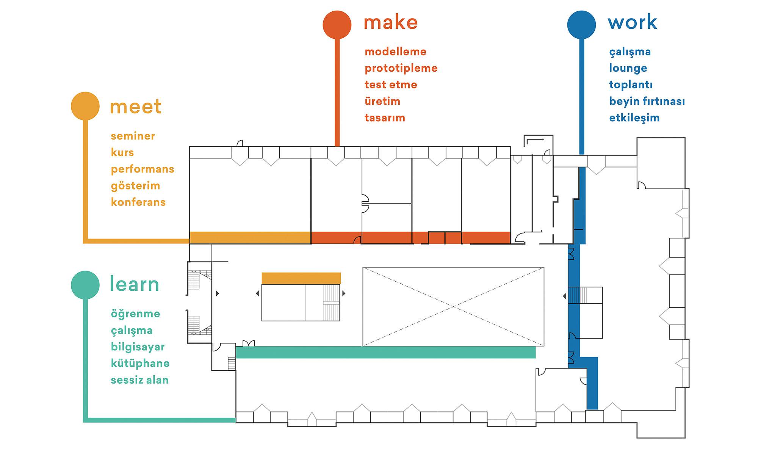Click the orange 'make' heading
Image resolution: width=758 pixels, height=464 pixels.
[391, 22]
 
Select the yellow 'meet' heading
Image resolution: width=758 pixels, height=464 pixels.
[136, 107]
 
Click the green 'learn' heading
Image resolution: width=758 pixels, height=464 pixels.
[135, 284]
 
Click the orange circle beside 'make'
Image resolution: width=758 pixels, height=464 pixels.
[337, 25]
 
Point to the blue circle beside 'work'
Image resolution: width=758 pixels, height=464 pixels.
[581, 25]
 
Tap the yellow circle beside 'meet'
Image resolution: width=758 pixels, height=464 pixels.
[85, 106]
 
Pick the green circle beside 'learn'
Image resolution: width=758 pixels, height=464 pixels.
[85, 285]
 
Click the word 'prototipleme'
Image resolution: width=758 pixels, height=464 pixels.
[401, 69]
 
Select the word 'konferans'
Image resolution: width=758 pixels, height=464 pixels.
[138, 202]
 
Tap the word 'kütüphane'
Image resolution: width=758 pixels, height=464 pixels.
[140, 364]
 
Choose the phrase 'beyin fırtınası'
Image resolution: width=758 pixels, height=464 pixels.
[647, 101]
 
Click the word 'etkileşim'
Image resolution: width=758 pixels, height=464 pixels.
[634, 118]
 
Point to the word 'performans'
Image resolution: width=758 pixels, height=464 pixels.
[143, 169]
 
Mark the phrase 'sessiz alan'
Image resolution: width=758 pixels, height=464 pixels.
[140, 380]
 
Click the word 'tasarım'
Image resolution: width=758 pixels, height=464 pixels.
[385, 118]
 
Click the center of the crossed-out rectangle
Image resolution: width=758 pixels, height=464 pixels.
[453, 307]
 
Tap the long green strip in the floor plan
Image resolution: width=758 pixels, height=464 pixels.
[385, 352]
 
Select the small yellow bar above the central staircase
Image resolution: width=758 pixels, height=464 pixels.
[301, 278]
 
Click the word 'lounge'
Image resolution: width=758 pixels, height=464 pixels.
[628, 69]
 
